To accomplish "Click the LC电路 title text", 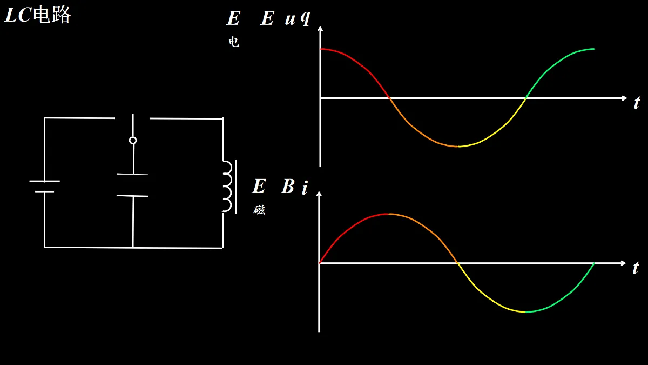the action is [38, 15].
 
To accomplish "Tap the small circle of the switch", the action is [133, 141].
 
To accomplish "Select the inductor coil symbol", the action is [228, 187].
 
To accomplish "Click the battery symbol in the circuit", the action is [44, 186].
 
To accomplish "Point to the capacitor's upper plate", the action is [132, 174].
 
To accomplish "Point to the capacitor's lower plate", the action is [132, 196].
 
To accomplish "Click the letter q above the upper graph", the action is [306, 18].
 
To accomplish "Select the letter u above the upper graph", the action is [290, 19].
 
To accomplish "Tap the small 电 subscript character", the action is [234, 42].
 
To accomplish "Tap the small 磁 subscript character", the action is [259, 209].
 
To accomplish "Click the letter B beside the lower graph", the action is [288, 186].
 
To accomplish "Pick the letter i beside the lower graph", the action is [305, 188].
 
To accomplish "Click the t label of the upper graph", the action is [637, 103].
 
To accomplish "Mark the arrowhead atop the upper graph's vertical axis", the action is [320, 28].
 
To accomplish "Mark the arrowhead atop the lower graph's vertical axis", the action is [319, 194].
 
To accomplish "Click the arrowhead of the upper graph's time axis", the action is [625, 98].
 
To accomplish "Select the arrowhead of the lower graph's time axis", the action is [623, 263].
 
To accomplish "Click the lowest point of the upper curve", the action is [458, 147].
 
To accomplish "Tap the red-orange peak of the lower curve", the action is [388, 214].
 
